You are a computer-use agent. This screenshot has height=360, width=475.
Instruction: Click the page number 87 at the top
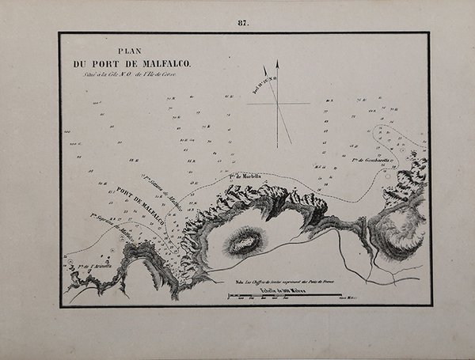243,23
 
